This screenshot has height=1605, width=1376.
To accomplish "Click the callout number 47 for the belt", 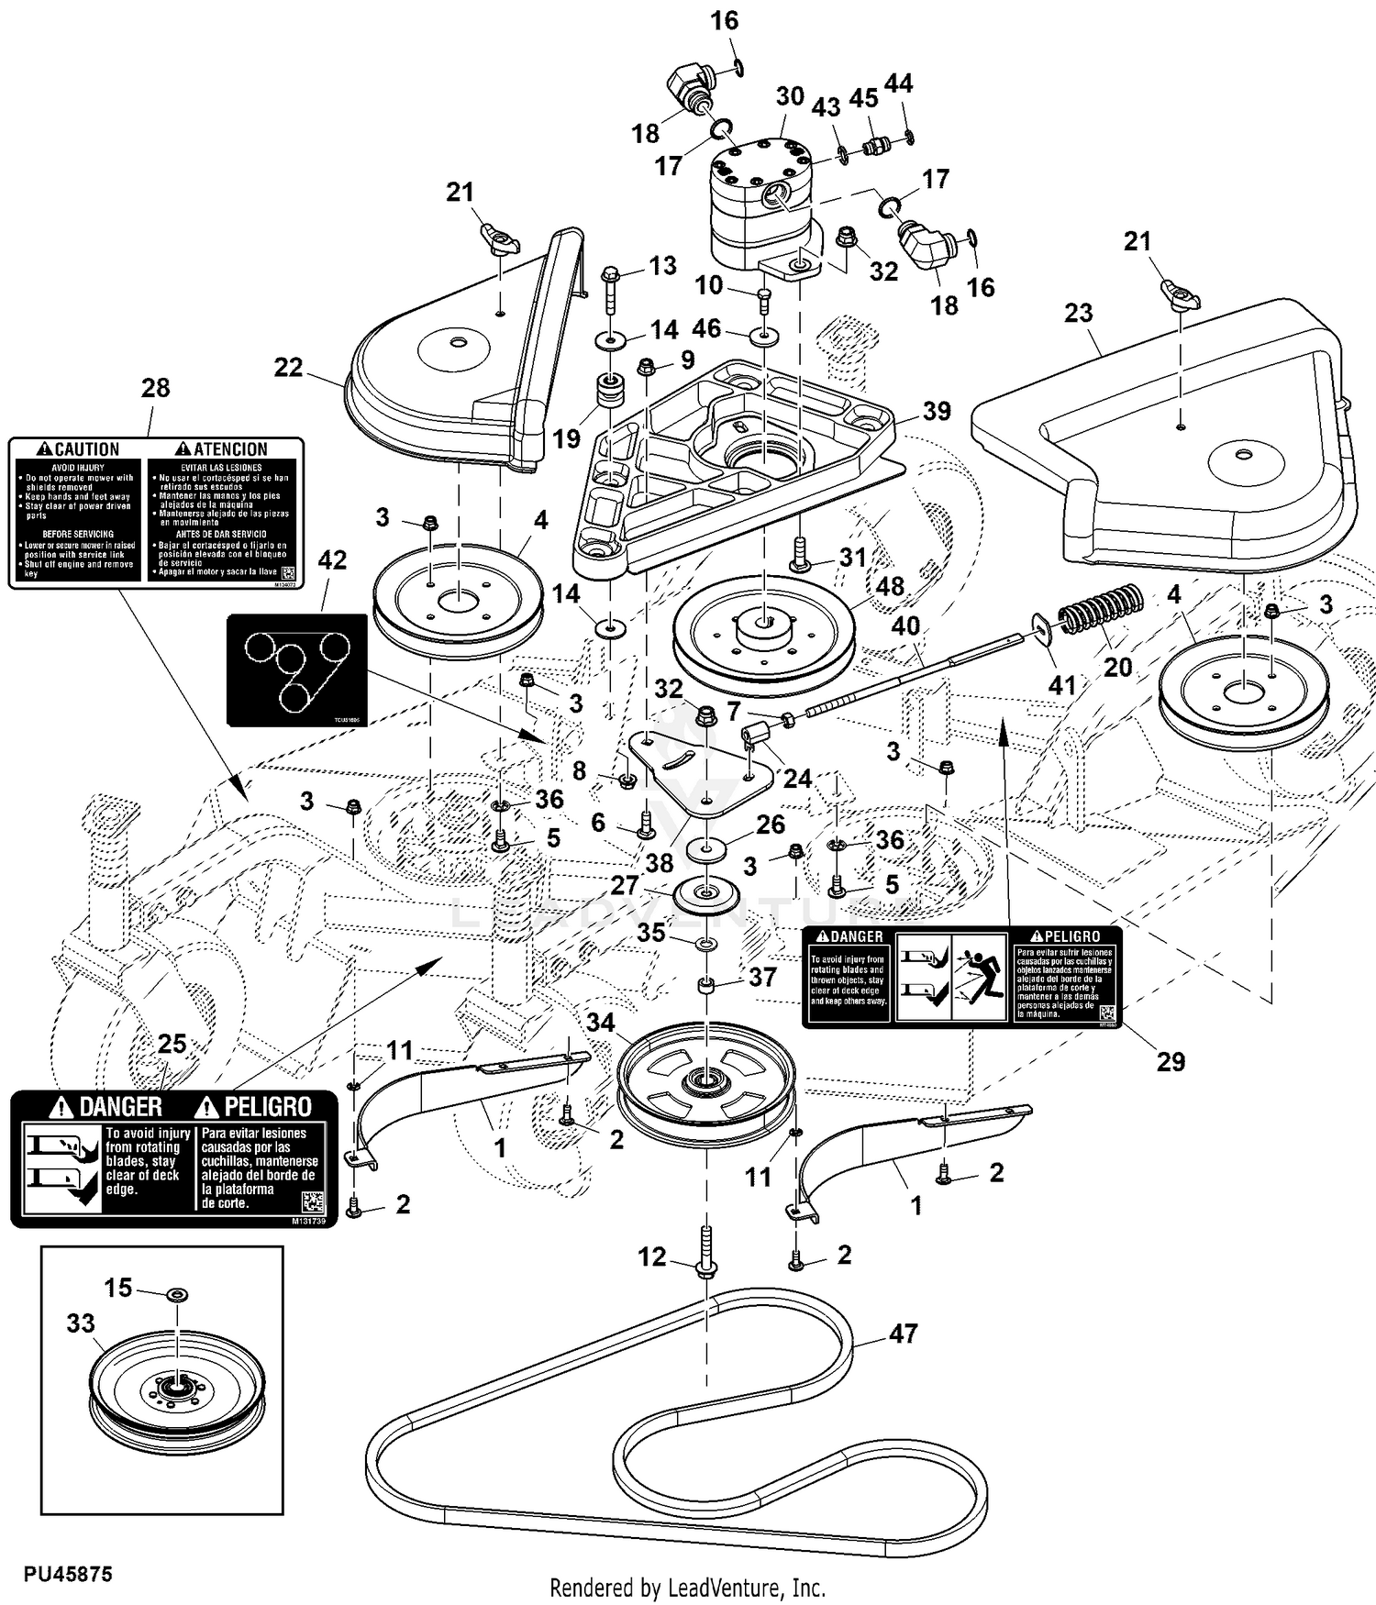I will (903, 1334).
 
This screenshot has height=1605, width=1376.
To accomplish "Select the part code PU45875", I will (69, 1574).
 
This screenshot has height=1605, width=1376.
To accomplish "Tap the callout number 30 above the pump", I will (790, 96).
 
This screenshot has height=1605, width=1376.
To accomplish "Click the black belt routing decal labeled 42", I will (297, 670).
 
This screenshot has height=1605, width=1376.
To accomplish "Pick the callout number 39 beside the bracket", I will (936, 411).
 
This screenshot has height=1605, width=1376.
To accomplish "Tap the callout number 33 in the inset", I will (81, 1323).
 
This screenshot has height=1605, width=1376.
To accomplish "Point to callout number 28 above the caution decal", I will (155, 388).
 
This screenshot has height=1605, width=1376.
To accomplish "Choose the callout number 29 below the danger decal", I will (1171, 1061).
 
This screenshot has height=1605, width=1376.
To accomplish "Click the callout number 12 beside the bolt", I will (651, 1256).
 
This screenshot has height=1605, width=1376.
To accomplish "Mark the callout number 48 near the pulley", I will (890, 585).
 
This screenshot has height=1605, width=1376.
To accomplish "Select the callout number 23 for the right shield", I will (1079, 313).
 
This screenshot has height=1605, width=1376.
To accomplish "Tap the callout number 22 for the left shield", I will (288, 367).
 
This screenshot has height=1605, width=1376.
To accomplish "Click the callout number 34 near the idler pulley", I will (600, 1022).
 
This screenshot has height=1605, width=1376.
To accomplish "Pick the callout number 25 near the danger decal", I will (172, 1044).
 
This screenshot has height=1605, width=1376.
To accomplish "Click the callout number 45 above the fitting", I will (863, 98).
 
